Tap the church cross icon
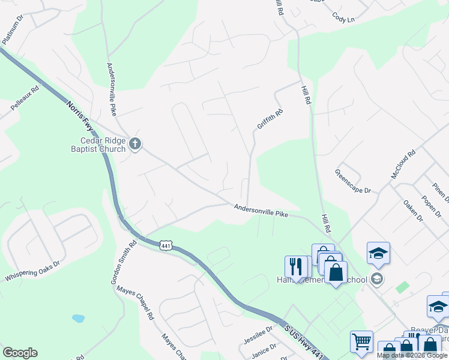point(135,144)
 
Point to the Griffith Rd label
point(270,118)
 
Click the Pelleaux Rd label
point(25,97)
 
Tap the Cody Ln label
point(343,19)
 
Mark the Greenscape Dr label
point(353,181)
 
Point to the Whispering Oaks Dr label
point(33,271)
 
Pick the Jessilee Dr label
point(259,336)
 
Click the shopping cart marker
point(361,341)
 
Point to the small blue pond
point(78,318)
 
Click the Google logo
point(20,352)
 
